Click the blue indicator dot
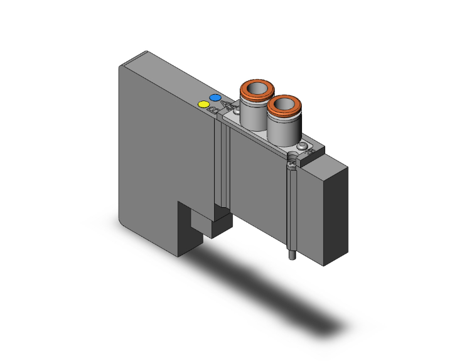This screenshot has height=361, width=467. click(x=215, y=98)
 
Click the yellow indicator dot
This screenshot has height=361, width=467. click(x=203, y=104)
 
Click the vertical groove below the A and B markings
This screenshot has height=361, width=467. click(x=219, y=163)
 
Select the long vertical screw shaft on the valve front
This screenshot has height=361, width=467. click(x=292, y=207)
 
